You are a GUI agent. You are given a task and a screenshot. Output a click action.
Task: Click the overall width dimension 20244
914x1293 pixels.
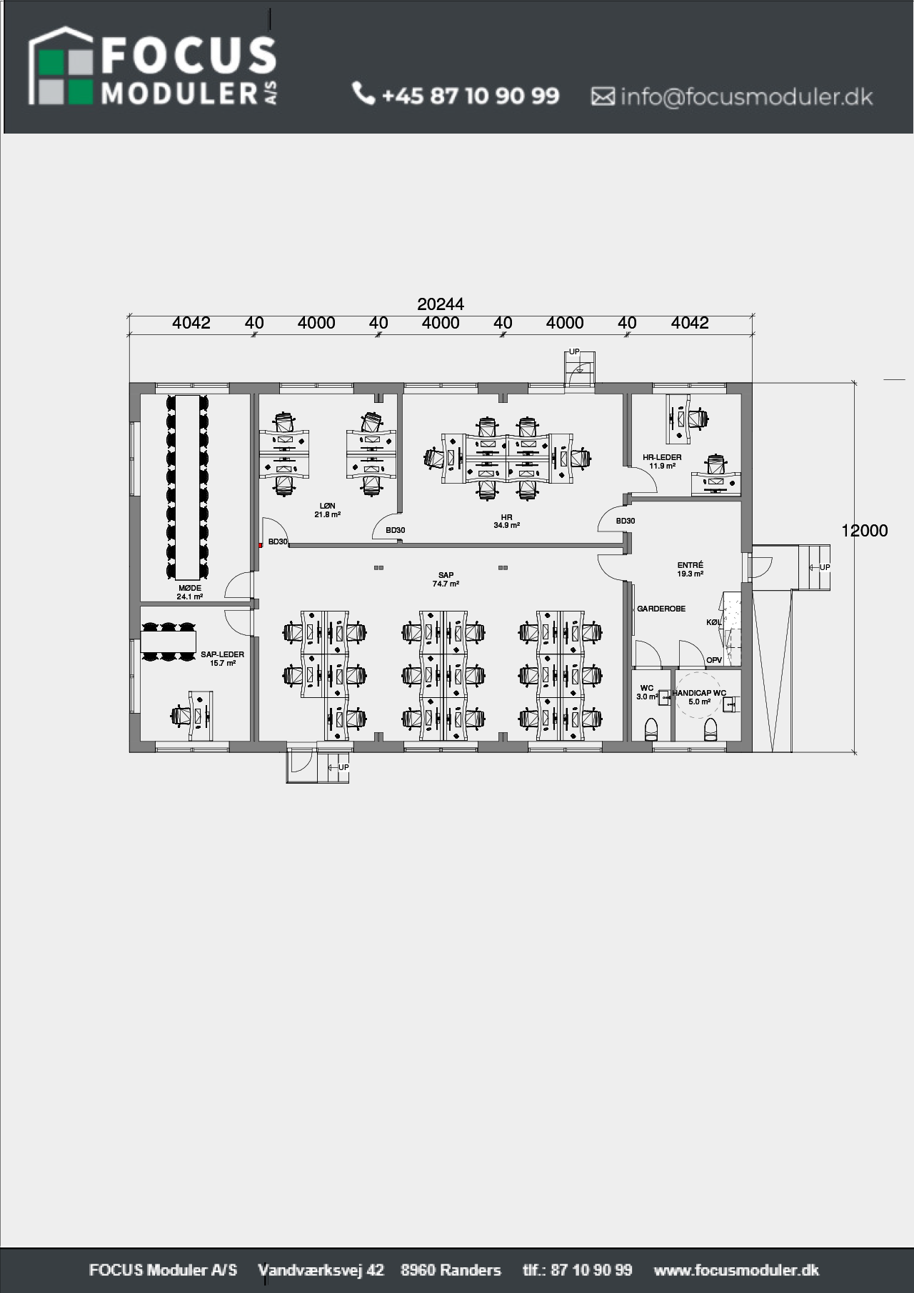tap(441, 304)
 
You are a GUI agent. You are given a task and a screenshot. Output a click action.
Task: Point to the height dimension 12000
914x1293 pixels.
tap(865, 531)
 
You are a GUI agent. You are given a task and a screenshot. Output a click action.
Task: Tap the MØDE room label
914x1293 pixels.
tap(190, 589)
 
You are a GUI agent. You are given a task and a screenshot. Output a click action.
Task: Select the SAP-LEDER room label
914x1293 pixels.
tap(222, 654)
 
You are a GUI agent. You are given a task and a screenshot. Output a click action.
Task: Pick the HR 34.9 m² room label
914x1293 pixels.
tap(506, 521)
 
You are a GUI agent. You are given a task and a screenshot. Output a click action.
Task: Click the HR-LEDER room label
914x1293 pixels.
tap(662, 457)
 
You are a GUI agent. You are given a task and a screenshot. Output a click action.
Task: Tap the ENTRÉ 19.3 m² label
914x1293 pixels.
tap(690, 569)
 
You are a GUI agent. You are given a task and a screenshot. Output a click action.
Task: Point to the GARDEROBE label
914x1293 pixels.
tap(661, 609)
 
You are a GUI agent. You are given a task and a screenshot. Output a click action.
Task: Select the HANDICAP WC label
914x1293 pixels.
tap(699, 693)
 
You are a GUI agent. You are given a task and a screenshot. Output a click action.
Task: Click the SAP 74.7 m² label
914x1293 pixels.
tap(446, 579)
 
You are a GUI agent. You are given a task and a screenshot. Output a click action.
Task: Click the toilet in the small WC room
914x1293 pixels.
tap(651, 730)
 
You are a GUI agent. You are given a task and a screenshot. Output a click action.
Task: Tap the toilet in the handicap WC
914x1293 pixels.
tap(710, 730)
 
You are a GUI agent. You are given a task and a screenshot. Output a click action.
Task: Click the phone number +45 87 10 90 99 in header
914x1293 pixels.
tap(471, 96)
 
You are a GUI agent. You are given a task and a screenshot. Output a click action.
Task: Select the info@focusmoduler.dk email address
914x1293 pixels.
tap(746, 96)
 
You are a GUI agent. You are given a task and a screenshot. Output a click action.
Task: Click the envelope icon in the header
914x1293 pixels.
tap(603, 96)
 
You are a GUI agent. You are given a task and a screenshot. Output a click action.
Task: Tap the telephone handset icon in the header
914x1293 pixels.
tap(363, 94)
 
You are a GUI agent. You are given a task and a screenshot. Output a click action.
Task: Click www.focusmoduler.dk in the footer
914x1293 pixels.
tap(736, 1270)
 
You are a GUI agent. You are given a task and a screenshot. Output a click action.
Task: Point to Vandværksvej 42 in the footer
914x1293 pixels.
tap(321, 1270)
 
